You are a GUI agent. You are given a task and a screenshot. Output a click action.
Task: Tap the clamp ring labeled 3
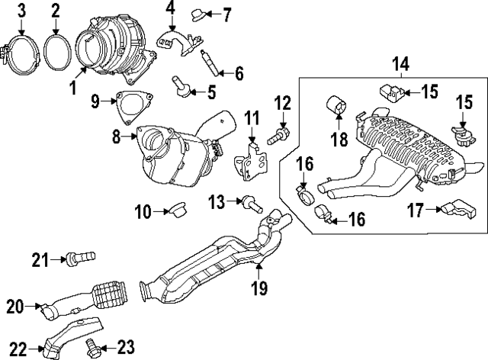(x=21, y=53)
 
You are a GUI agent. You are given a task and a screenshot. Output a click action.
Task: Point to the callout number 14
(x=399, y=65)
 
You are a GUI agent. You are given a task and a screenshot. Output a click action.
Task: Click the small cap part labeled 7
(x=198, y=14)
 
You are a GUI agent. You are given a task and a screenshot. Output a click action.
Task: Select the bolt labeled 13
(x=251, y=203)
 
